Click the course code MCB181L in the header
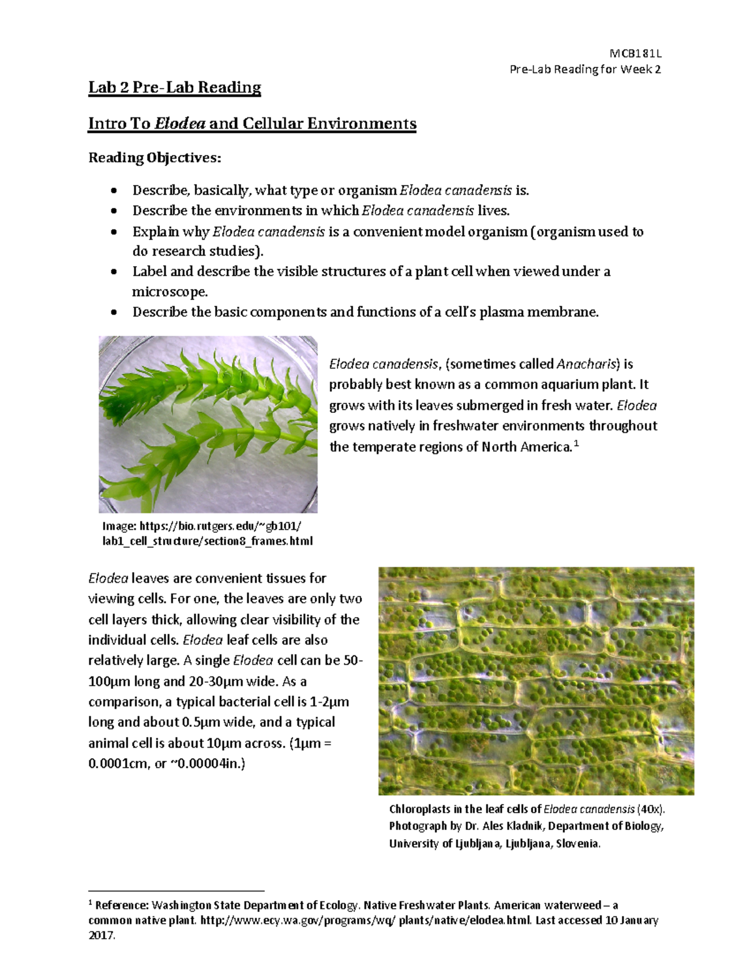click(x=635, y=54)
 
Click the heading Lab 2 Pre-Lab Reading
click(x=174, y=87)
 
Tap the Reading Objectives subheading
click(x=154, y=157)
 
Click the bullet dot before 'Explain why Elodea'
click(x=113, y=232)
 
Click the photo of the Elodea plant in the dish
click(x=207, y=424)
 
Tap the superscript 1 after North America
click(x=576, y=443)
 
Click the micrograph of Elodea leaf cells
click(x=536, y=681)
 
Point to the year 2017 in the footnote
click(x=101, y=936)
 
